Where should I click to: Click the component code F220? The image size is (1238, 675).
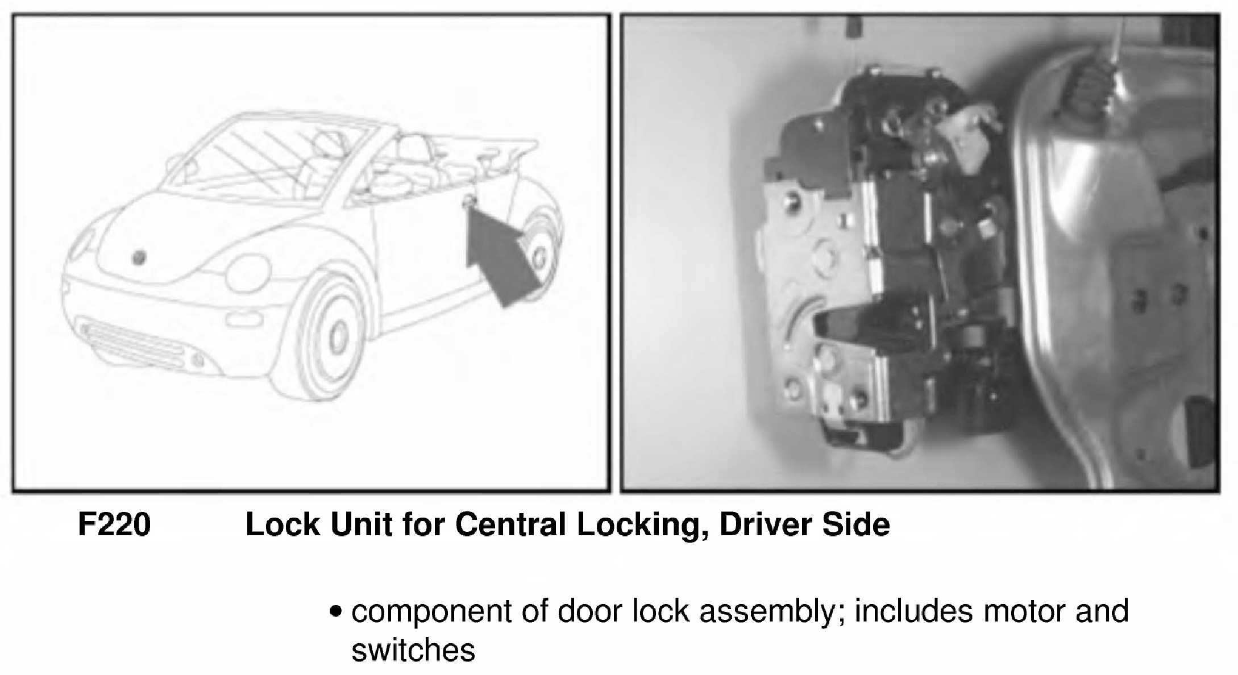(x=114, y=524)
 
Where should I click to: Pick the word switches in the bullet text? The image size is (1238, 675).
(x=413, y=650)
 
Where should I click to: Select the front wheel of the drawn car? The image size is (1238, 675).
(x=330, y=338)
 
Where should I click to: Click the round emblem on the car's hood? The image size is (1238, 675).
(x=139, y=257)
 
